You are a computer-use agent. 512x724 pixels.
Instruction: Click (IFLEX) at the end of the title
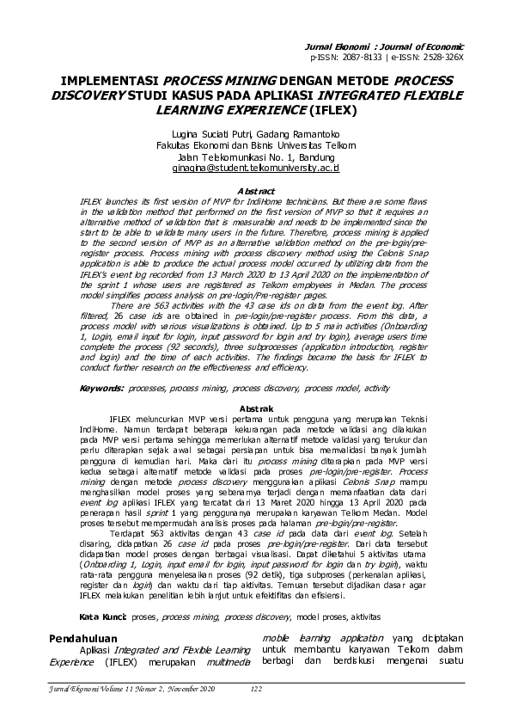pos(332,111)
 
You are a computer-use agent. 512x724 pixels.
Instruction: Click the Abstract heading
pos(256,189)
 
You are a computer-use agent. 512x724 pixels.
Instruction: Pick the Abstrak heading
pos(256,408)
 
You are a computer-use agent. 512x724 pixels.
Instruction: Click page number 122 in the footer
pos(255,689)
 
